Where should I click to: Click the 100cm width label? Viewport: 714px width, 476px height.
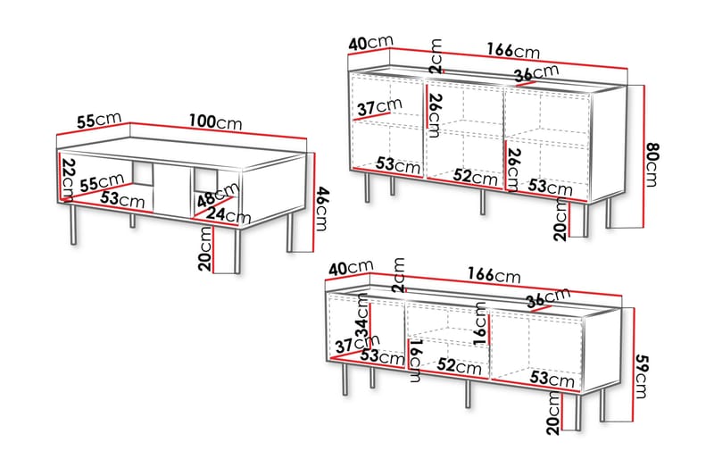coord(215,122)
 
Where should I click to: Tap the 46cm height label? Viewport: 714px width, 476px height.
coord(321,209)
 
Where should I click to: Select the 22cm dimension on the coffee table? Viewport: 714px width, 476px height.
coord(69,179)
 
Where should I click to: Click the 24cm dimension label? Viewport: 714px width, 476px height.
coord(228,214)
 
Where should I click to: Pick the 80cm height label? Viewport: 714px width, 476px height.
coord(652,164)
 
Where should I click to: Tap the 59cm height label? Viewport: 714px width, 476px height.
coord(641,376)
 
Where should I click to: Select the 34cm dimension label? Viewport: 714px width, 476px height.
coord(362,316)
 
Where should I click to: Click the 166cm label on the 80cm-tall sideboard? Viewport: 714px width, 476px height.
coord(513,50)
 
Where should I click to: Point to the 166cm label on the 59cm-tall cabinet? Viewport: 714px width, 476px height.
coord(494,274)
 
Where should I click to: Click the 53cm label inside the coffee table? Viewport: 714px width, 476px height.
coord(122,199)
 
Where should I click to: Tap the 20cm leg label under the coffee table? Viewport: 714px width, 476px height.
coord(205,248)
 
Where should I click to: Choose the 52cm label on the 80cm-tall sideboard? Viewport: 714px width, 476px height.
coord(476,176)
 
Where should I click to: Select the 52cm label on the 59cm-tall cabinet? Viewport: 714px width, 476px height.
coord(459,365)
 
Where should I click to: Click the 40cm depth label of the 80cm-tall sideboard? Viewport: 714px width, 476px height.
coord(370,42)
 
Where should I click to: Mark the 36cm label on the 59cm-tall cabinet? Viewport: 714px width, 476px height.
coord(548,297)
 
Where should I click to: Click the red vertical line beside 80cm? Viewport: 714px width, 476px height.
coord(643,156)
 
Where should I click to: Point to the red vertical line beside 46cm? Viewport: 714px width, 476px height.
coord(314,202)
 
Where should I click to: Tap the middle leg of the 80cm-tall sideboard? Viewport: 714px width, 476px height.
coord(483,202)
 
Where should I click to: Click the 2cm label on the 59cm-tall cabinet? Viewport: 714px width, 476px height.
coord(399,275)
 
